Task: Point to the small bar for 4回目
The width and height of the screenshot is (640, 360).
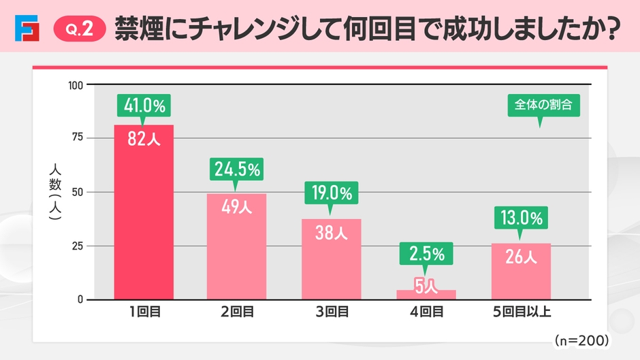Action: point(427,294)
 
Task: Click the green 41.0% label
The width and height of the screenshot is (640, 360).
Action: point(144,105)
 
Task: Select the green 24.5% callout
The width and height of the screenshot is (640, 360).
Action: point(236,169)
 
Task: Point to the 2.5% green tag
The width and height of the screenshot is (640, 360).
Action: point(427,255)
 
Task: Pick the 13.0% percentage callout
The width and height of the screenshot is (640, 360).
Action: point(521,218)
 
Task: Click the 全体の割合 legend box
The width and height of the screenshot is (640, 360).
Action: point(543,105)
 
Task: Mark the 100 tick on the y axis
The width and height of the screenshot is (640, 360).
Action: point(75,85)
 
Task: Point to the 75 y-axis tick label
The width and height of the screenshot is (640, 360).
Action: point(77,138)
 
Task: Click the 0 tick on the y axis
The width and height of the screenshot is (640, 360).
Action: point(80,300)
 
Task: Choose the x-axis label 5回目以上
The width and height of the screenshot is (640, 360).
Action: point(521,313)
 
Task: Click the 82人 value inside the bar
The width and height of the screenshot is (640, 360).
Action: point(144,141)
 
